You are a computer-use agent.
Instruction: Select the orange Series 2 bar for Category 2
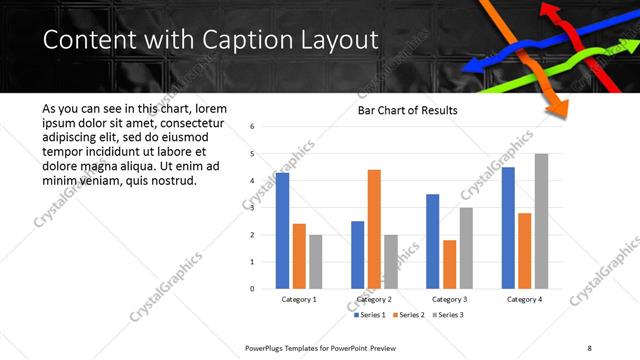coord(374,229)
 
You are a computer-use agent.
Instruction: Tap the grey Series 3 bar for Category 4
coord(541,221)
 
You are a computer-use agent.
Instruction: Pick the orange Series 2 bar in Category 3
coord(449,264)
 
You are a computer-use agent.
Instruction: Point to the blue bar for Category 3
coord(432,241)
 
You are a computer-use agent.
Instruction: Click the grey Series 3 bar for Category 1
coord(315,262)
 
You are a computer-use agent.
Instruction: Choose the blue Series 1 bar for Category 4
coord(508,228)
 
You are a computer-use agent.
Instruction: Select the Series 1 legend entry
coord(373,315)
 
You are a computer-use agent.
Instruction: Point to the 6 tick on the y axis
coord(253,127)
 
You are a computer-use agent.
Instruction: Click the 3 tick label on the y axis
coord(253,208)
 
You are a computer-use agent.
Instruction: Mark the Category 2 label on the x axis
coord(374,299)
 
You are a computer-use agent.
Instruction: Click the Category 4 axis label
coord(524,299)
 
